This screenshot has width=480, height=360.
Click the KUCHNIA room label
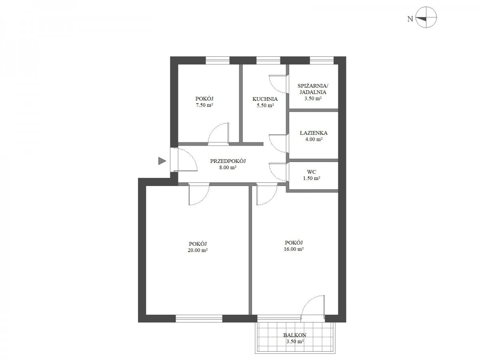[x=265, y=99]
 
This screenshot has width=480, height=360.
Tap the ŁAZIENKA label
[x=313, y=133]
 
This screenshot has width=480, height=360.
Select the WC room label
[x=311, y=172]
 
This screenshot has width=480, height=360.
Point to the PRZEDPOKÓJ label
[x=228, y=161]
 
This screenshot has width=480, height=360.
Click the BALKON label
[x=294, y=335]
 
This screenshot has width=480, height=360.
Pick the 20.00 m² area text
[x=198, y=250]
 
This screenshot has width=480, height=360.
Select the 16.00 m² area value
[x=294, y=249]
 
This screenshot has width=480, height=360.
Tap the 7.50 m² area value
[x=204, y=105]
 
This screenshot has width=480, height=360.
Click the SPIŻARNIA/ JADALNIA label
[x=313, y=89]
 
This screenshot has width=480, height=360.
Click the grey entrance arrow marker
[x=162, y=161]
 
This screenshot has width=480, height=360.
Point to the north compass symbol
[x=426, y=17]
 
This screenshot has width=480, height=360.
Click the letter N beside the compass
[x=410, y=19]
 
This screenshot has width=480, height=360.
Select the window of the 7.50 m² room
[x=217, y=60]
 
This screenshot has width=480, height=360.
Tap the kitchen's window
[x=268, y=60]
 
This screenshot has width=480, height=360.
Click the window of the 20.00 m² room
[x=198, y=318]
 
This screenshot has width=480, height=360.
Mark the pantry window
[x=322, y=60]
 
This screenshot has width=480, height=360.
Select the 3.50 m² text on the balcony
[x=295, y=341]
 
